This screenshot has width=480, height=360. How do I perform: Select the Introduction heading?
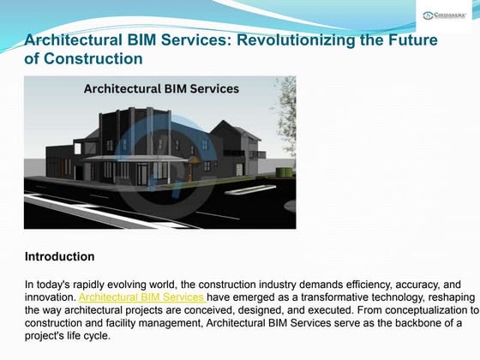pyautogui.click(x=59, y=256)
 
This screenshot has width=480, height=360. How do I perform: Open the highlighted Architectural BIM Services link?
pyautogui.click(x=141, y=297)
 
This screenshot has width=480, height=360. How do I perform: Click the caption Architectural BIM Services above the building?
pyautogui.click(x=160, y=88)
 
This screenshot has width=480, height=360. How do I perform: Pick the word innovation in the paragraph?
pyautogui.click(x=51, y=297)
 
